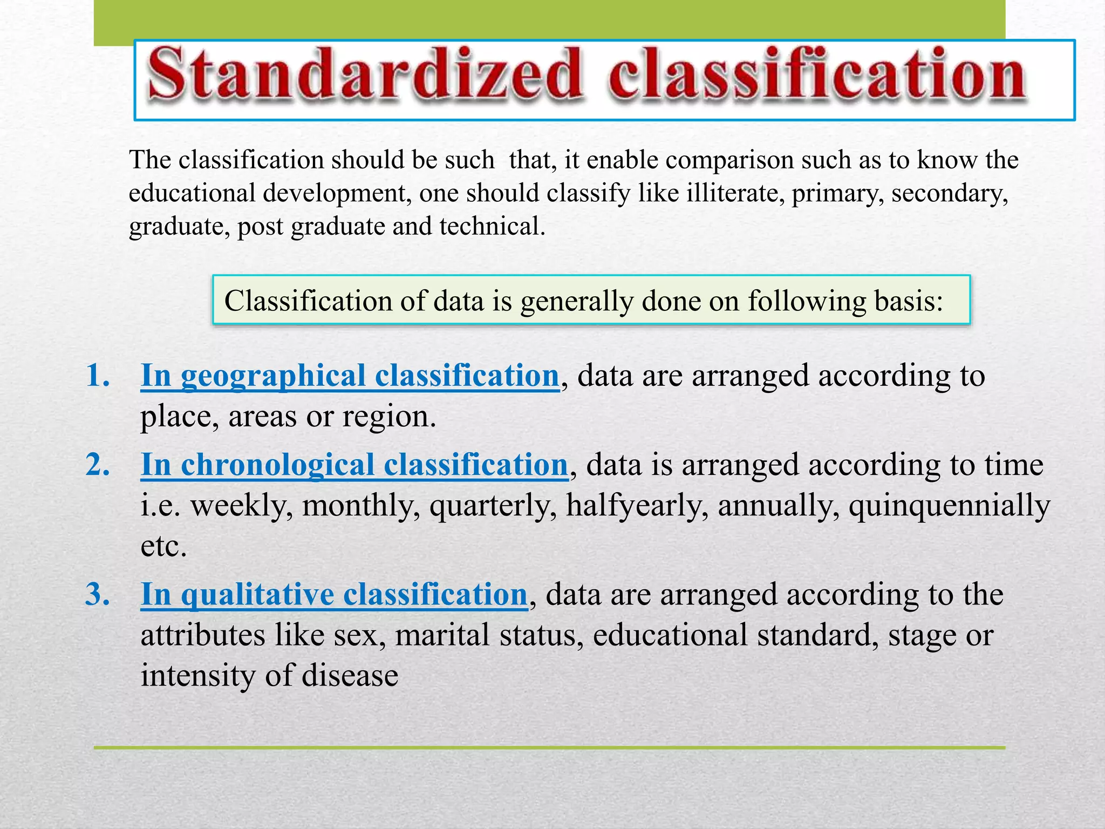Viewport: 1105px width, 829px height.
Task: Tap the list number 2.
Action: pos(98,464)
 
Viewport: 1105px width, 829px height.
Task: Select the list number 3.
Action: pos(98,594)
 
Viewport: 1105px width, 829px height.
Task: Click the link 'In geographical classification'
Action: pos(350,376)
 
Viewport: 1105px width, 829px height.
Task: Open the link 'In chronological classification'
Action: pos(354,465)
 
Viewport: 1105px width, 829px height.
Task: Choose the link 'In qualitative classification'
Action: pos(334,595)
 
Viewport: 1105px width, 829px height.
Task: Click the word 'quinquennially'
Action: pos(949,506)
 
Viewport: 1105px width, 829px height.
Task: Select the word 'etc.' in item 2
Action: pos(163,546)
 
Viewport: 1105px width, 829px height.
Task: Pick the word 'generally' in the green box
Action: pos(576,301)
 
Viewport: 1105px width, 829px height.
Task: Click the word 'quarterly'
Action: pos(493,506)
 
